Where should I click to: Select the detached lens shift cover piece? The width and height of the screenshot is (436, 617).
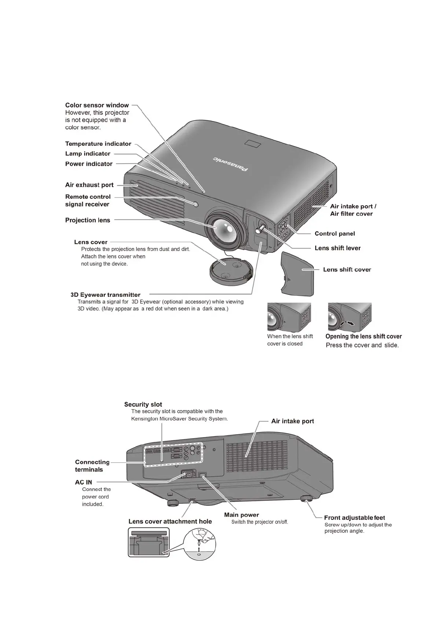click(x=298, y=273)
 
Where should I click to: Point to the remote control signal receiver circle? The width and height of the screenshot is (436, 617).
click(x=195, y=204)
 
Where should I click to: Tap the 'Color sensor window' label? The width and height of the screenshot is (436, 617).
click(x=97, y=105)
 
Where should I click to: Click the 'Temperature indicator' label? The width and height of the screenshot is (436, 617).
click(x=98, y=144)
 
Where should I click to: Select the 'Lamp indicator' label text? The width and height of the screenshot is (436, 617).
click(x=88, y=154)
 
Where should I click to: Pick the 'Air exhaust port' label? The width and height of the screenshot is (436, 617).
click(x=89, y=185)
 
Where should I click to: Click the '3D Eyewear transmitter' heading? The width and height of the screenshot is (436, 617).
click(x=106, y=295)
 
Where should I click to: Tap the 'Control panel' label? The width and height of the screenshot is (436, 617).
click(x=335, y=233)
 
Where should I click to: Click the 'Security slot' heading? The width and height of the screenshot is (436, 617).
click(x=143, y=404)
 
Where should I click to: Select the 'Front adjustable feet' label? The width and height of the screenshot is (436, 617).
click(x=354, y=518)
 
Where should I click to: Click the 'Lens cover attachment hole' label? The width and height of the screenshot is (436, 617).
click(x=170, y=521)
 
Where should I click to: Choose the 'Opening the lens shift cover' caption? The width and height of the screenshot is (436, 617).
click(x=363, y=336)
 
